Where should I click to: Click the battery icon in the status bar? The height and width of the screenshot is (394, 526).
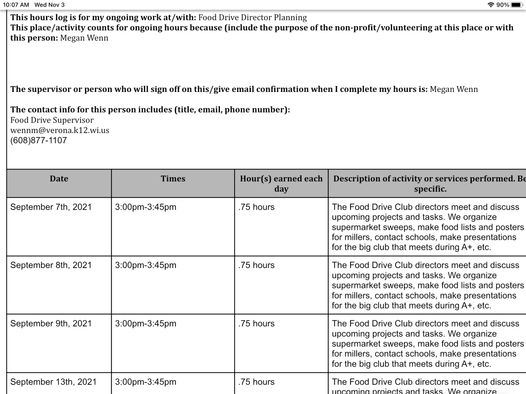point(517,5)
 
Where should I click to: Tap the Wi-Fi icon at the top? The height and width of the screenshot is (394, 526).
point(491,5)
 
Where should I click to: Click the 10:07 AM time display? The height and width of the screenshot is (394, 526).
point(16,5)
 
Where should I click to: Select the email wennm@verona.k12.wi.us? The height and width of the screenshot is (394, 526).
point(60,130)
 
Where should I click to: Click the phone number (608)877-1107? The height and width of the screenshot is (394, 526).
point(39,140)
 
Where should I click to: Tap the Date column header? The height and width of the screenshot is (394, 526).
point(59,179)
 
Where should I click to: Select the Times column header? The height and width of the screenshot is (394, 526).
point(173,179)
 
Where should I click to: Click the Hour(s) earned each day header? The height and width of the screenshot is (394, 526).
point(281,183)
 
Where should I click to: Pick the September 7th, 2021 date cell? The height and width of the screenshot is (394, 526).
point(51,207)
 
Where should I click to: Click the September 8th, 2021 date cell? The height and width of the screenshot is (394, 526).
point(51,265)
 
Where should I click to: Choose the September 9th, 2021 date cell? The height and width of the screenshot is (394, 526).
point(51,323)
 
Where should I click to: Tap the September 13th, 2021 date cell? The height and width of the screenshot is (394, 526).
point(53,382)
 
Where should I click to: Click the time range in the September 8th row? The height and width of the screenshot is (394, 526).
point(145,265)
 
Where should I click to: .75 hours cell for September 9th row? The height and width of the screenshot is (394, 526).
point(256,323)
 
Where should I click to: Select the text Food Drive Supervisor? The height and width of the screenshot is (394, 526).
point(52,120)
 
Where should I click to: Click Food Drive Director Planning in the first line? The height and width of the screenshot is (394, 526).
point(252,17)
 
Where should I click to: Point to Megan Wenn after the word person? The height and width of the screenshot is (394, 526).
point(84,38)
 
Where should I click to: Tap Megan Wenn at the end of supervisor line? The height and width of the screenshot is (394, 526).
point(454,89)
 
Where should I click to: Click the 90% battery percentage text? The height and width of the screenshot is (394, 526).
point(503,5)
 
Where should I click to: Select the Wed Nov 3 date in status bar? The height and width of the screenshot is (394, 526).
point(49,5)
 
